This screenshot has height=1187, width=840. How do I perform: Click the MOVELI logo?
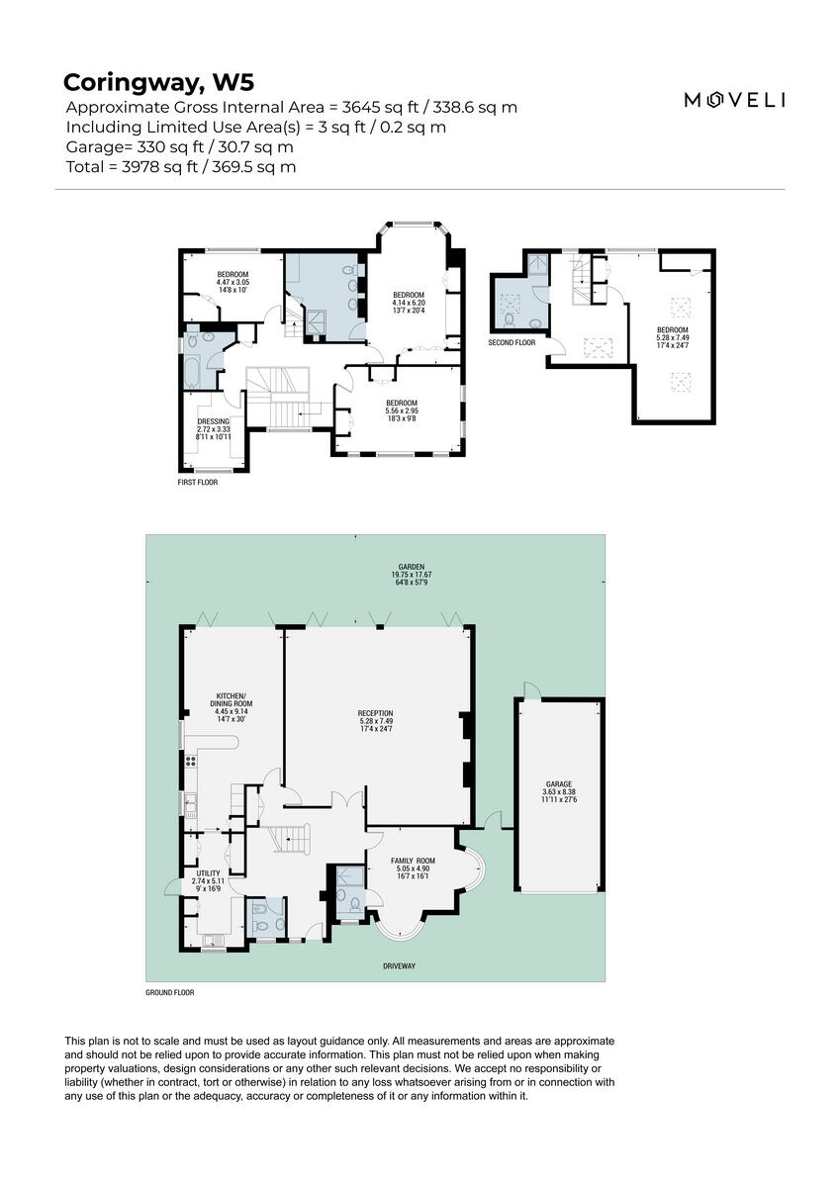[x=735, y=99]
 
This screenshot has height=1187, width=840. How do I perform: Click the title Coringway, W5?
[x=158, y=81]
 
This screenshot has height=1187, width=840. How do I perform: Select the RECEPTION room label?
[x=376, y=721]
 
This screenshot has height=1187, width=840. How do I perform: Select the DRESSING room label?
[x=214, y=428]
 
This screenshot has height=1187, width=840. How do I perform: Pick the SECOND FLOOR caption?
[x=512, y=343]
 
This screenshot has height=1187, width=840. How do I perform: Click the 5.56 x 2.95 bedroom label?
[x=402, y=411]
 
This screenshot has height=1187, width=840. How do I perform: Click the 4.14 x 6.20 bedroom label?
[x=409, y=303]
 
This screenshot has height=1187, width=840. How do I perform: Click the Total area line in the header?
[x=181, y=167]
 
